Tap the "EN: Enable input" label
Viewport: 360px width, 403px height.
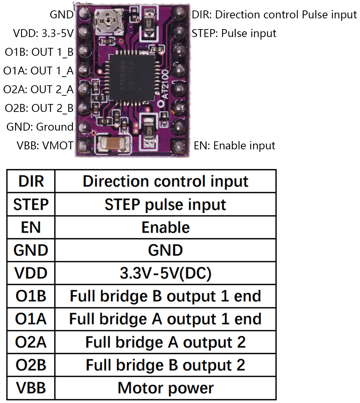(x=234, y=146)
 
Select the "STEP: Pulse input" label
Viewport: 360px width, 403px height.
(x=234, y=33)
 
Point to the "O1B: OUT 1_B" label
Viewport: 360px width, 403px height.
(x=39, y=52)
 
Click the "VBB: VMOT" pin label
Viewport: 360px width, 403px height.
(x=45, y=146)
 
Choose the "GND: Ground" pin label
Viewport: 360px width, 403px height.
(x=40, y=127)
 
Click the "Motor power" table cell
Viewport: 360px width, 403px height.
(x=165, y=388)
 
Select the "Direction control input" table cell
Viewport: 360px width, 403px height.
(x=165, y=181)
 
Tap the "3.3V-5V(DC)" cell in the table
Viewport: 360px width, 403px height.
(x=165, y=273)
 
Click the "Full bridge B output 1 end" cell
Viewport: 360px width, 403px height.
(x=165, y=296)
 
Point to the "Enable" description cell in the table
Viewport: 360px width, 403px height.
(x=165, y=227)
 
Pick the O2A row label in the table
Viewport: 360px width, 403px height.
(x=31, y=342)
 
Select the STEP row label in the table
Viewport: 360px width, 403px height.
(x=31, y=204)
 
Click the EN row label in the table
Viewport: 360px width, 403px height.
(x=31, y=227)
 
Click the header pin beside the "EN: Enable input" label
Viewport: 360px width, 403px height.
(x=177, y=146)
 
